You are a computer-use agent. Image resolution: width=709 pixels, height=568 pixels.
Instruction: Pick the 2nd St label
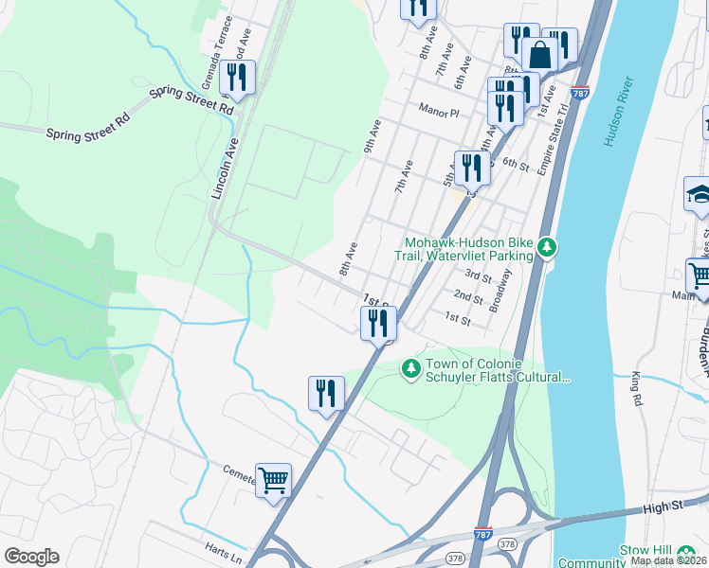click(468, 298)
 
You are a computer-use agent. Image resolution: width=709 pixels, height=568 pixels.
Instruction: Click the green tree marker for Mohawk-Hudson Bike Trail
click(546, 248)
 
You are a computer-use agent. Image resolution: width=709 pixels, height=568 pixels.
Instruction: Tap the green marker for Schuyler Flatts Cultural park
click(410, 367)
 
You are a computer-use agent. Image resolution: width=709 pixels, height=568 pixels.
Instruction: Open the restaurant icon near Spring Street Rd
click(236, 78)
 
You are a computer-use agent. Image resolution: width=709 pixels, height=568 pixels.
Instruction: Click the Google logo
click(31, 556)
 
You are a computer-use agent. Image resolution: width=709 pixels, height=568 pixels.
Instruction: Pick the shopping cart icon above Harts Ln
click(273, 480)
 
